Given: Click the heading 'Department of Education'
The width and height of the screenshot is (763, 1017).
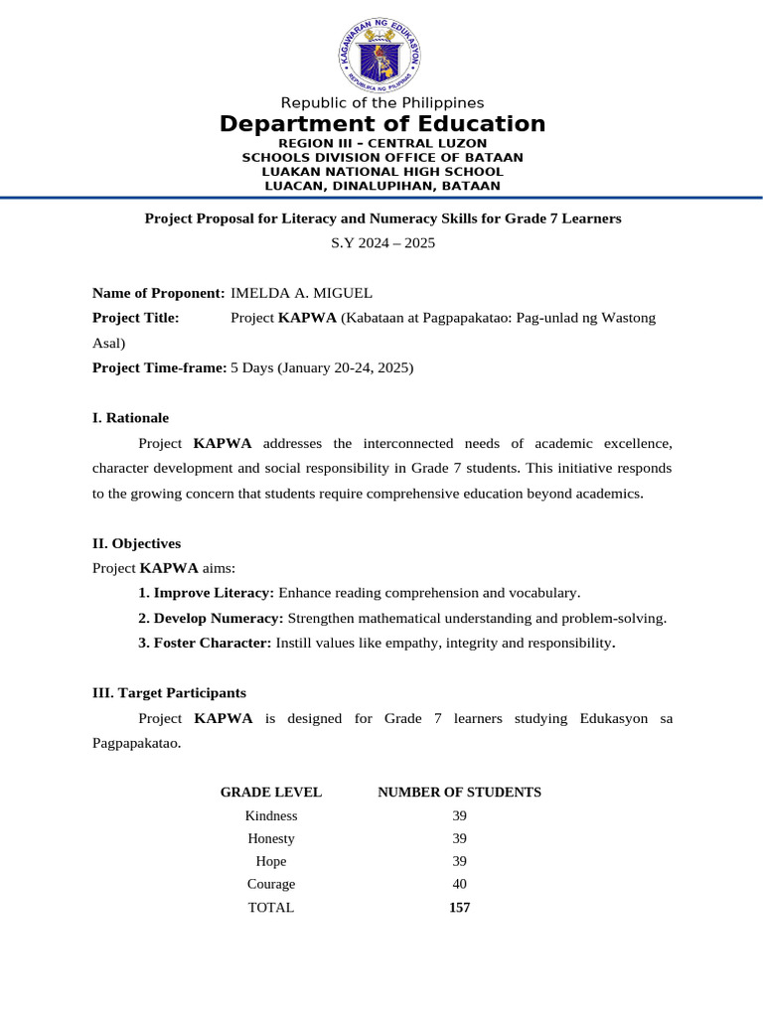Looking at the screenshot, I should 381,124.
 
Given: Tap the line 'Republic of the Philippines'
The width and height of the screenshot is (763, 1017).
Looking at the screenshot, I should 381,103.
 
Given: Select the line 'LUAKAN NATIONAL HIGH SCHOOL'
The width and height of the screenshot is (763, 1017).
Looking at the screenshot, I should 381,172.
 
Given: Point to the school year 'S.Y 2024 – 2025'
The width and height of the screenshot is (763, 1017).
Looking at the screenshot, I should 382,242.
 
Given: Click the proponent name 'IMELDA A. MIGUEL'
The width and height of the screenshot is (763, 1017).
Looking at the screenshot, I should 302,293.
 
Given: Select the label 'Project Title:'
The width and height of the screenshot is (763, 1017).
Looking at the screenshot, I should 136,318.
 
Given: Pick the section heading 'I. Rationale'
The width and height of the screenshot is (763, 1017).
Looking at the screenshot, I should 130,418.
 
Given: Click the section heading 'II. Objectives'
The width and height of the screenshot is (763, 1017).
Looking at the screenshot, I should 136,543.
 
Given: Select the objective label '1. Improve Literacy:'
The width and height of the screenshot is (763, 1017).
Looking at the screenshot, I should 206,593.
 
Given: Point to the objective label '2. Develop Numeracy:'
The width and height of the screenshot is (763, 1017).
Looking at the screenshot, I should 211,618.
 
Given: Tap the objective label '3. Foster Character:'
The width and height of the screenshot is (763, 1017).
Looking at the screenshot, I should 205,643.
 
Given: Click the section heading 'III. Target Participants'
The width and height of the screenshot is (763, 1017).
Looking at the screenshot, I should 169,693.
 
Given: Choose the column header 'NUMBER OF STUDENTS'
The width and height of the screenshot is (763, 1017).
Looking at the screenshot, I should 459,793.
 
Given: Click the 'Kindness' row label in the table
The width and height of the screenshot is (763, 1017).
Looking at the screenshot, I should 271,815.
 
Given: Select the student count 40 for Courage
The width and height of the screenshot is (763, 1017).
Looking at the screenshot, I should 459,884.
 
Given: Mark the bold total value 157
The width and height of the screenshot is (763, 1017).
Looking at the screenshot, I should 459,908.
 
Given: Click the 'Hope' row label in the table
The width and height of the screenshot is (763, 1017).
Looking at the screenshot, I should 271,861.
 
